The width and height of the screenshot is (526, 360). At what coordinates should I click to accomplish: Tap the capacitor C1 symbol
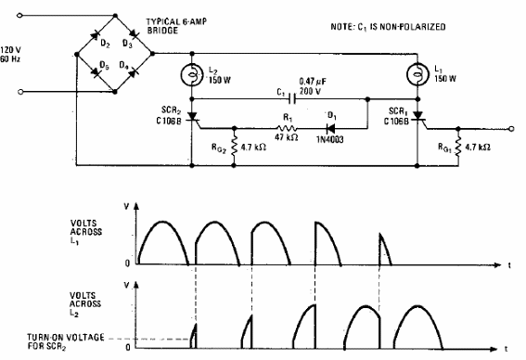[295, 97]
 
